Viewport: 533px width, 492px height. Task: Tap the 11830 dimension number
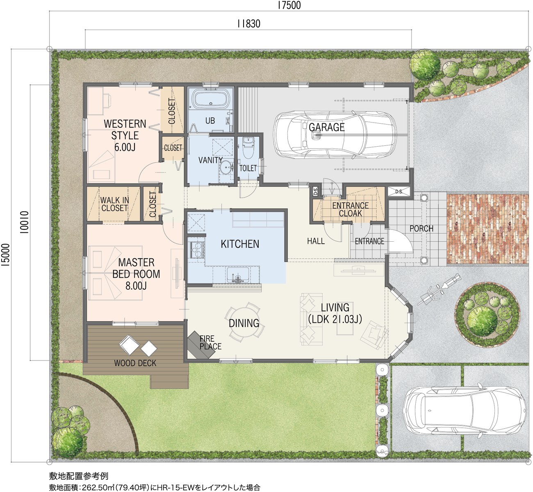point(249,24)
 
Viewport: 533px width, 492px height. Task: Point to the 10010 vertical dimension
point(24,222)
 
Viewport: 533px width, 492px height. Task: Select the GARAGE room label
point(327,127)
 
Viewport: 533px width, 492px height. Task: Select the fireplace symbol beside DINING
point(201,345)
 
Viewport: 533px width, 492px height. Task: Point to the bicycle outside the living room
point(438,290)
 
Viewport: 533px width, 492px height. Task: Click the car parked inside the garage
point(335,134)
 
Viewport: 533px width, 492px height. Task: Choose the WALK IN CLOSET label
point(115,204)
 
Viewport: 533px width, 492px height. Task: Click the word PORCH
point(421,229)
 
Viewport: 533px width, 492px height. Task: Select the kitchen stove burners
point(197,250)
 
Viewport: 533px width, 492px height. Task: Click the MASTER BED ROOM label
point(136,274)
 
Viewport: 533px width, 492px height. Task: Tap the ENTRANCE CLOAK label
point(351,209)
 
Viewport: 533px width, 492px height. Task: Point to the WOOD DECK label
point(135,363)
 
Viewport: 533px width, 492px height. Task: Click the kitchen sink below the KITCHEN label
point(237,274)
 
